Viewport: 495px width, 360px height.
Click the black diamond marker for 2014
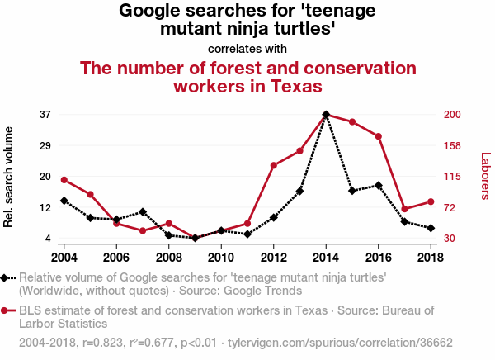[x=326, y=114]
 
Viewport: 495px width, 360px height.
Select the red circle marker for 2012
[x=274, y=166]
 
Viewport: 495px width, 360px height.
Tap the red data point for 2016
[x=379, y=136]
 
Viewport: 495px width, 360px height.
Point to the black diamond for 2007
[x=143, y=212]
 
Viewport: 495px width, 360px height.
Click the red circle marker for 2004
[x=64, y=180]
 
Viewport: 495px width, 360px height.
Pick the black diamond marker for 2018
[x=431, y=228]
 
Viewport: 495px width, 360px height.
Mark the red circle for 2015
[x=352, y=122]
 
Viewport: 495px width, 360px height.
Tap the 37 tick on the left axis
[x=45, y=114]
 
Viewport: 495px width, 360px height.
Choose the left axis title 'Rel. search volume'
[x=10, y=177]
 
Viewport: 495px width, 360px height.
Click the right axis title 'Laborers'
[x=485, y=176]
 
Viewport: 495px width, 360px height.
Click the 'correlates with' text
[x=247, y=49]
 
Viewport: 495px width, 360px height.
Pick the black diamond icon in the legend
[x=7, y=278]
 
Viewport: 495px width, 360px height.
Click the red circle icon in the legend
[x=7, y=311]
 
